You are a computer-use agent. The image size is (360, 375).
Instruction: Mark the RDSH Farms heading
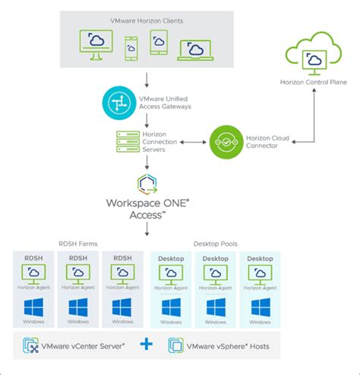point(77,244)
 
